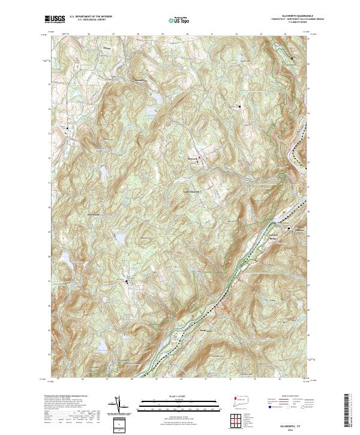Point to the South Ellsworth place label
click(192, 191)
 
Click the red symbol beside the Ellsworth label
click(200, 158)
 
